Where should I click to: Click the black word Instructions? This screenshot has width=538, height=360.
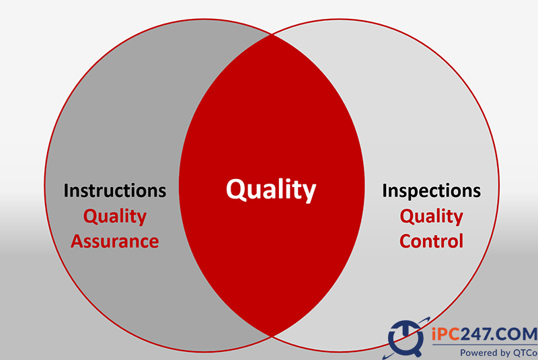pyautogui.click(x=115, y=190)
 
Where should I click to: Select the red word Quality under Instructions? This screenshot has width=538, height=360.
pyautogui.click(x=115, y=217)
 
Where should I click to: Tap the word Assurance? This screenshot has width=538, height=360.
pyautogui.click(x=115, y=242)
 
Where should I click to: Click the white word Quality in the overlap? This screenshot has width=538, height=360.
pyautogui.click(x=271, y=190)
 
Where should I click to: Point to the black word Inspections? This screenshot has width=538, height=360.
pyautogui.click(x=431, y=191)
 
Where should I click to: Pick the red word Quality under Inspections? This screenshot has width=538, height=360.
pyautogui.click(x=431, y=217)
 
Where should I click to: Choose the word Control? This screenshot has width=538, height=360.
pyautogui.click(x=431, y=241)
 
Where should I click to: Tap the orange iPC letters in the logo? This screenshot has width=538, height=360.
pyautogui.click(x=446, y=334)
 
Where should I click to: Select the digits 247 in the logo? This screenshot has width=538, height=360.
pyautogui.click(x=475, y=334)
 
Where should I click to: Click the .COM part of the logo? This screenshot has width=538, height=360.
pyautogui.click(x=514, y=334)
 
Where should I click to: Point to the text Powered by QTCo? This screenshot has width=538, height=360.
pyautogui.click(x=499, y=353)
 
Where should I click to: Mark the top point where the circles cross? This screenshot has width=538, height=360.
pyautogui.click(x=272, y=34)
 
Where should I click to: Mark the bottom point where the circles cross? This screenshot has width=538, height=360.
pyautogui.click(x=272, y=337)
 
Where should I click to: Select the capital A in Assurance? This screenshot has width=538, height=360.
pyautogui.click(x=78, y=242)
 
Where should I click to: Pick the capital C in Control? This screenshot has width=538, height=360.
pyautogui.click(x=406, y=242)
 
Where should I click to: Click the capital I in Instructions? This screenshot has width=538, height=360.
pyautogui.click(x=66, y=191)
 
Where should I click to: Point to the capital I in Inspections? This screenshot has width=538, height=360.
pyautogui.click(x=385, y=191)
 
